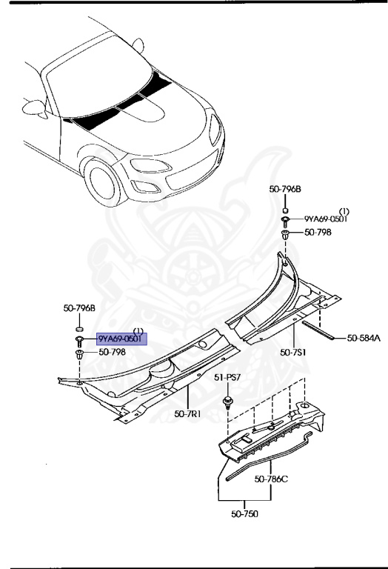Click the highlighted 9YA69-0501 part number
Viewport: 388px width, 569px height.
pyautogui.click(x=123, y=339)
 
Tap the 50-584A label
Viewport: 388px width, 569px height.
pyautogui.click(x=364, y=339)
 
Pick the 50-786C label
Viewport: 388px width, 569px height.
pyautogui.click(x=271, y=479)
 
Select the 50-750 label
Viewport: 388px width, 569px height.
pyautogui.click(x=244, y=513)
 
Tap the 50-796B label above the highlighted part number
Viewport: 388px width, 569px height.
pyautogui.click(x=78, y=307)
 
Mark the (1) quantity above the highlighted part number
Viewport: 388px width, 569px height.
pyautogui.click(x=138, y=330)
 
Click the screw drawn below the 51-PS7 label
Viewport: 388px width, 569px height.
pyautogui.click(x=226, y=404)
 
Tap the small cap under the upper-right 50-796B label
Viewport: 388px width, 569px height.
pyautogui.click(x=285, y=204)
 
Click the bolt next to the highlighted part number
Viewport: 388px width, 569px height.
pyautogui.click(x=78, y=339)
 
